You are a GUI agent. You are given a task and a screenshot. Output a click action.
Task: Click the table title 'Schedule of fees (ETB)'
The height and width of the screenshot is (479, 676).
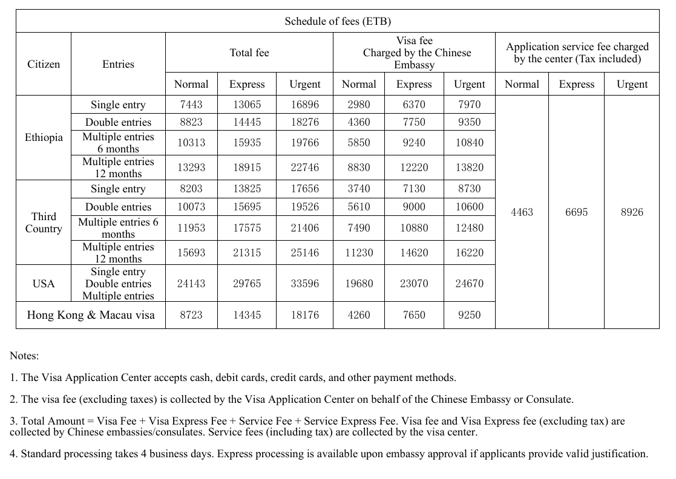[x=338, y=21]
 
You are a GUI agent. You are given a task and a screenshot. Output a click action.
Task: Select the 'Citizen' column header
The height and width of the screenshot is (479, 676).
[x=44, y=64]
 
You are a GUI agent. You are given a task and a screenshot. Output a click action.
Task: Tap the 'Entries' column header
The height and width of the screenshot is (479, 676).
[x=118, y=64]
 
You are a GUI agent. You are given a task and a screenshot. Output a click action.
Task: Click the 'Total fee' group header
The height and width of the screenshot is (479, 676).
[x=249, y=53]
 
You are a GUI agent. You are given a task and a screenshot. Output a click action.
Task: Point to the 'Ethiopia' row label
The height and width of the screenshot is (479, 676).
[x=44, y=137]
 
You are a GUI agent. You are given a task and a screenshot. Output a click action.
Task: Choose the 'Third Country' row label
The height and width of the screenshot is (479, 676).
[x=44, y=223]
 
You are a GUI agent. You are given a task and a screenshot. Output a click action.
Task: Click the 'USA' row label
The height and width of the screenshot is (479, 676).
[x=44, y=284]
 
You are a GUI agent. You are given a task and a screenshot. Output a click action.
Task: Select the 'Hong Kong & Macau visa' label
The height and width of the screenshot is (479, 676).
[x=91, y=315]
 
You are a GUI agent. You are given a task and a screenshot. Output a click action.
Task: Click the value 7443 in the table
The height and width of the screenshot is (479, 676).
[x=191, y=105]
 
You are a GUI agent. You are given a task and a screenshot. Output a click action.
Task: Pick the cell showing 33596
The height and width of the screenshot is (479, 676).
[x=305, y=284]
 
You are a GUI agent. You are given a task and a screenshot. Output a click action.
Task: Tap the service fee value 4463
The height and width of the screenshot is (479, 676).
[x=522, y=212]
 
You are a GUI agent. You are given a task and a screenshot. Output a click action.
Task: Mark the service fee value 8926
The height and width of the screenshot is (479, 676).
[x=632, y=212]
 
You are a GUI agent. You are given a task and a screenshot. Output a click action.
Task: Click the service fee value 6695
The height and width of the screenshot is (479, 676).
[x=576, y=212]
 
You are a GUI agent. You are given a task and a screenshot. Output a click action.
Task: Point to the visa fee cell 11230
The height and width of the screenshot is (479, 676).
[x=359, y=253]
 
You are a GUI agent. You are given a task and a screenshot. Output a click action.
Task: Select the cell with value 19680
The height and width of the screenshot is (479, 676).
[x=359, y=284]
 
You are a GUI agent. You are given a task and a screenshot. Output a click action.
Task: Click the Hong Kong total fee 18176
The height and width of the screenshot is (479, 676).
[x=305, y=315]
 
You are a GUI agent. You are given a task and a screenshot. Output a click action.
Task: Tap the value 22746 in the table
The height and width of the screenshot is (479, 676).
[x=305, y=168]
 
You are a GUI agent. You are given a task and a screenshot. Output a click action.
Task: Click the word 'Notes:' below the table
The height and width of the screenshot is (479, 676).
[x=24, y=356]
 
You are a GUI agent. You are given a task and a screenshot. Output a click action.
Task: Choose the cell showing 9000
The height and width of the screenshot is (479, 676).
[x=414, y=207]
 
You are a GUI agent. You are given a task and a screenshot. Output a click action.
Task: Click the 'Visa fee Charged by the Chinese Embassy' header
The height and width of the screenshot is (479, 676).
[x=414, y=53]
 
